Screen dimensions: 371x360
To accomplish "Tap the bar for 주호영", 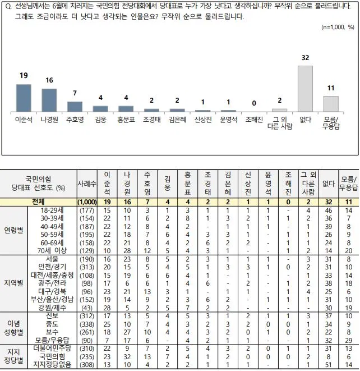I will point(75,106).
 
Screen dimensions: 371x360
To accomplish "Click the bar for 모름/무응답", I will point(331,104).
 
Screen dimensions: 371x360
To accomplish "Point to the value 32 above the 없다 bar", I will point(305,58).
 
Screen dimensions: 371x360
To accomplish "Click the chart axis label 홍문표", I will point(126,120).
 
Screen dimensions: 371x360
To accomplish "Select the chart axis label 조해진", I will point(254,120).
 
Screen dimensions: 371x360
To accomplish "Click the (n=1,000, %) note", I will point(338,27).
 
